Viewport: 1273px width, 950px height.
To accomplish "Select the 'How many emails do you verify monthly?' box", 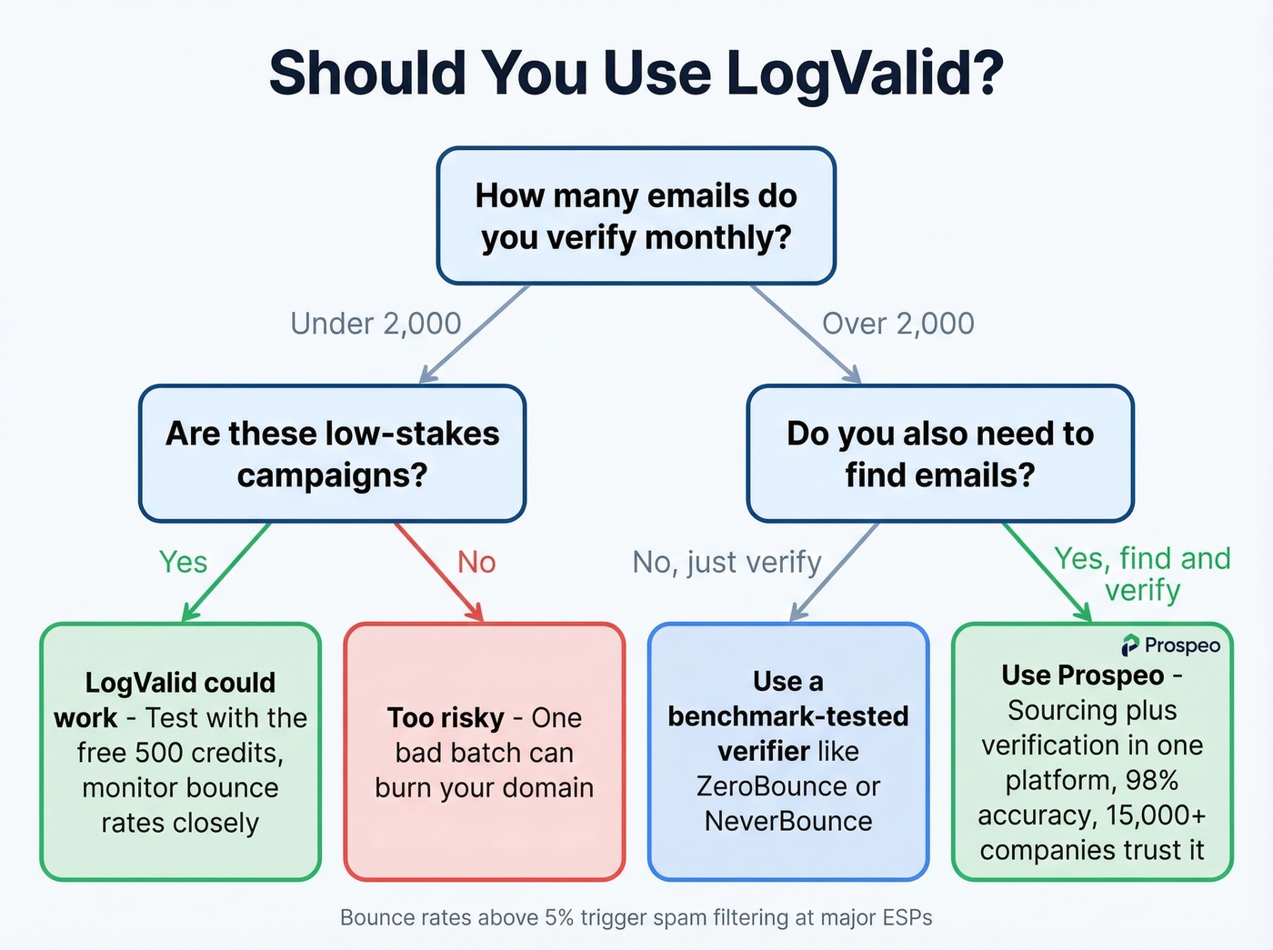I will click(636, 216).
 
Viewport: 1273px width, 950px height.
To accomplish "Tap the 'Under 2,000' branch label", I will click(376, 324).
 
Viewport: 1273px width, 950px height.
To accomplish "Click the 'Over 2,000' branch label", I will click(897, 324).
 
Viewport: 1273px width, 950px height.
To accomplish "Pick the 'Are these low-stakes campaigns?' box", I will click(332, 454).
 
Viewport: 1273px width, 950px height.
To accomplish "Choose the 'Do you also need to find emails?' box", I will click(939, 454).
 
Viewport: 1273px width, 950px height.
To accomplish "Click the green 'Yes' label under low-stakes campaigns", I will click(183, 562).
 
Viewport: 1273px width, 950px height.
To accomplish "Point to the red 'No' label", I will click(476, 562).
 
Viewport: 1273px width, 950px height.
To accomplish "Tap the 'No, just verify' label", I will click(727, 562).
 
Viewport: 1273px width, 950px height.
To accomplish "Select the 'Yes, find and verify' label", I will click(1142, 574).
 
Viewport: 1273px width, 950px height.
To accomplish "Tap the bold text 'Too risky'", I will click(446, 718).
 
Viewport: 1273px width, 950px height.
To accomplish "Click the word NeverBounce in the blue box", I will click(787, 821).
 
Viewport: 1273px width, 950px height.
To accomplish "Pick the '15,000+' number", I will click(1155, 815).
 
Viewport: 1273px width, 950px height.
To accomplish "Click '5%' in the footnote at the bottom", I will click(559, 918).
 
